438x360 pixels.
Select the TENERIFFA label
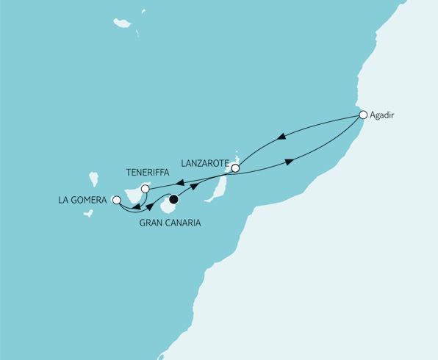pyautogui.click(x=148, y=171)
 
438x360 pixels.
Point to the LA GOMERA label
pyautogui.click(x=84, y=199)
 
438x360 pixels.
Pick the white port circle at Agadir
pyautogui.click(x=362, y=115)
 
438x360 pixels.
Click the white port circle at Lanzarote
pyautogui.click(x=235, y=168)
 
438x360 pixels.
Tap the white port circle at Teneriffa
pyautogui.click(x=145, y=190)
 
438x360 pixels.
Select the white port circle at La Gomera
pyautogui.click(x=115, y=199)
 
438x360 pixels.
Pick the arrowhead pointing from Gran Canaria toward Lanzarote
pyautogui.click(x=196, y=187)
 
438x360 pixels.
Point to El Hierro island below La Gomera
pyautogui.click(x=88, y=215)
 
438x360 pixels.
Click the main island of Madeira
pyautogui.click(x=121, y=24)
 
